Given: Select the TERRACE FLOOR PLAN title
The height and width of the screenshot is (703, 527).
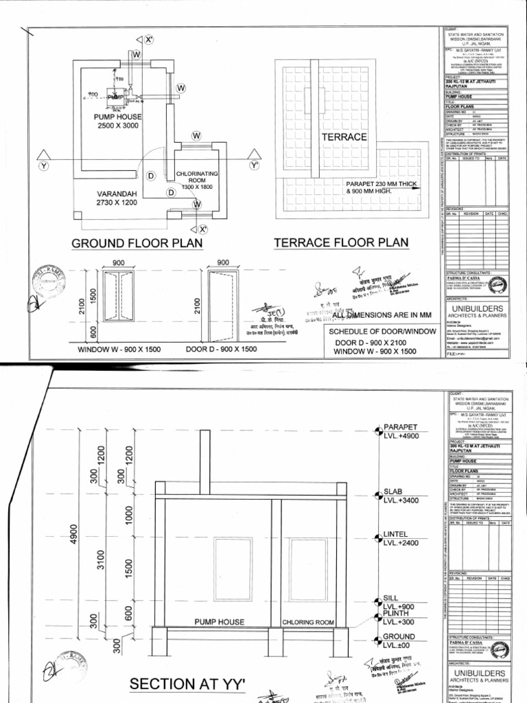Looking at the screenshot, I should (x=341, y=242).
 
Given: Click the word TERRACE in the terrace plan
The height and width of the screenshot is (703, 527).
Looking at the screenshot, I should (x=344, y=137).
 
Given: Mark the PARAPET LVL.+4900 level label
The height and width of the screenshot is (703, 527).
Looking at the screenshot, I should (x=400, y=432).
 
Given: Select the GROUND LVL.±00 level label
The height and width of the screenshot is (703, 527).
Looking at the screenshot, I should (x=399, y=641).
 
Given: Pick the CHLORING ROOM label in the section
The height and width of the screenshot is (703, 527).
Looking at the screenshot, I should (x=308, y=622).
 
